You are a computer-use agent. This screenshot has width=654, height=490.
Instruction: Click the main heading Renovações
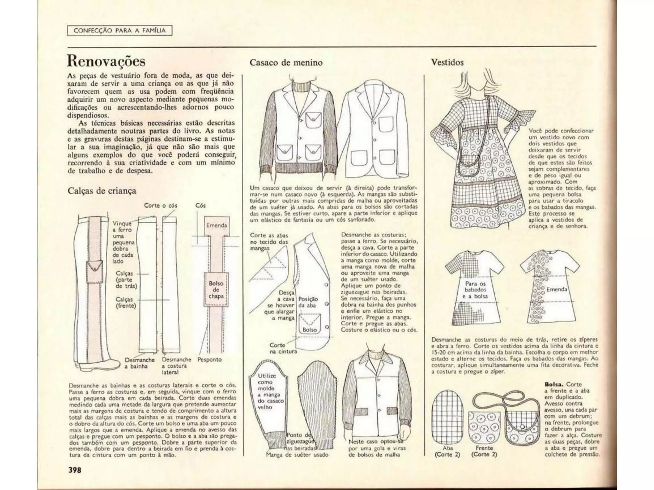click(106, 61)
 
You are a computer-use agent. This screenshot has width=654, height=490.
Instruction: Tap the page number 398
click(75, 470)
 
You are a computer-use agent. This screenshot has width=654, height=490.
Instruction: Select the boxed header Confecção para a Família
click(119, 31)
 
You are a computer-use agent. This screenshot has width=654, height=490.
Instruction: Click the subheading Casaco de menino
click(286, 63)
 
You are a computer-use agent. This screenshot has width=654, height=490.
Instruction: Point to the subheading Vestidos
click(447, 62)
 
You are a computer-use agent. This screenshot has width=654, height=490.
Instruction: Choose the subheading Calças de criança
click(102, 191)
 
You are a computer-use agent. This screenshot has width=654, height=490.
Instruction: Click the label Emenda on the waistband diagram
click(216, 225)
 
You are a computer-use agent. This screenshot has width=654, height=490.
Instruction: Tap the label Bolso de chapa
click(216, 290)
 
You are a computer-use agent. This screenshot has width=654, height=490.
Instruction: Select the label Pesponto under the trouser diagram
click(209, 360)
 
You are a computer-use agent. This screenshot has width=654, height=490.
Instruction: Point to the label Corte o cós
click(160, 205)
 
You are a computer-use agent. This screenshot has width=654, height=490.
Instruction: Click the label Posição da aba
click(308, 302)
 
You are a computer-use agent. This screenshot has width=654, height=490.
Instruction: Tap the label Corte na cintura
click(283, 348)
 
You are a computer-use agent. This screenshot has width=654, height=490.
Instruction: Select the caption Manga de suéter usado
click(297, 455)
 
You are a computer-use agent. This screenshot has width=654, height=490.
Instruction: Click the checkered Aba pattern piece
click(447, 419)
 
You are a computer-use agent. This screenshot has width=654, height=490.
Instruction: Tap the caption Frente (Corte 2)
click(484, 451)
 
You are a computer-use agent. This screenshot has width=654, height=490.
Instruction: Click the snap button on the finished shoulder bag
click(522, 427)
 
